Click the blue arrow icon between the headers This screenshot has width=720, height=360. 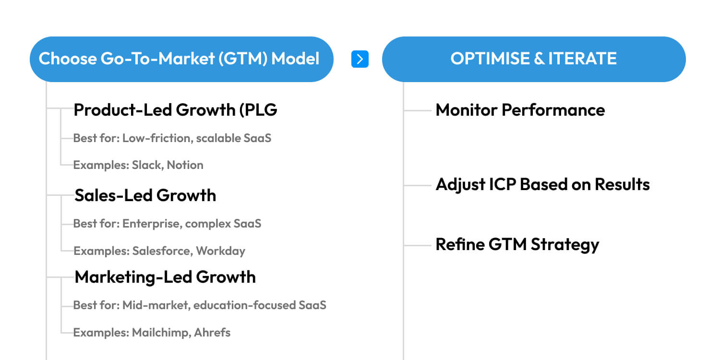360,59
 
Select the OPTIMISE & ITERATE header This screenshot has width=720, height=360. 534,59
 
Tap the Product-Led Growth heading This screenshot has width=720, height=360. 175,110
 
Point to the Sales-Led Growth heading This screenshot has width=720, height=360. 145,195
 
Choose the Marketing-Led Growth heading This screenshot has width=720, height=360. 165,277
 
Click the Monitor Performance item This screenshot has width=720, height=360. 520,110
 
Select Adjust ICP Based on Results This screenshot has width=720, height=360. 542,184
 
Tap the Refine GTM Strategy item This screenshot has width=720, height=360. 517,244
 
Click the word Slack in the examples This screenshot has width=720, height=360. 147,165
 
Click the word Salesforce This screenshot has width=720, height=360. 162,251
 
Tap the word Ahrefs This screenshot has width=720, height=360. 212,332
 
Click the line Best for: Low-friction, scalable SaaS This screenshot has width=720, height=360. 172,138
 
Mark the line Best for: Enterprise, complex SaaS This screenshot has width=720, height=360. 167,224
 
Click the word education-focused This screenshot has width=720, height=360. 244,305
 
